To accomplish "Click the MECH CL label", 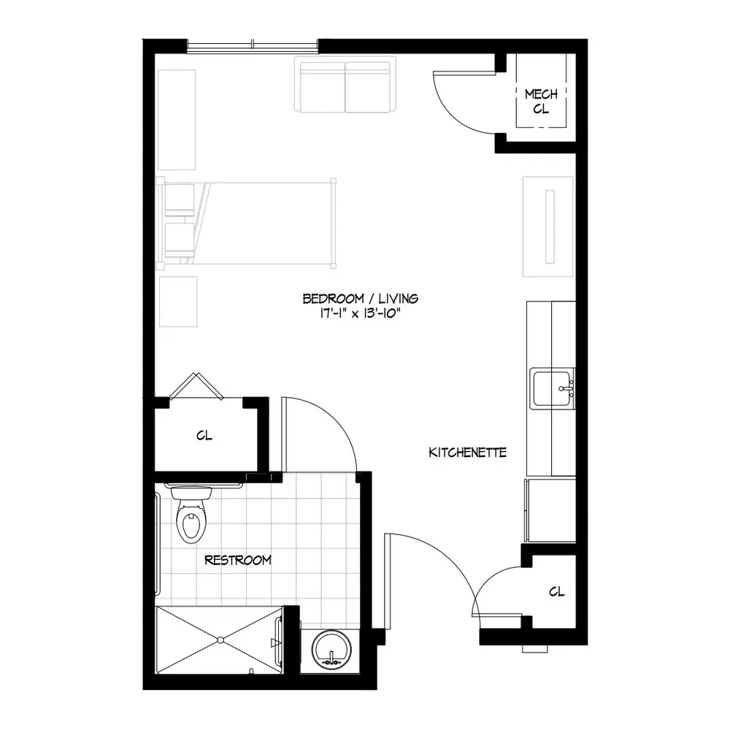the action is [541, 101].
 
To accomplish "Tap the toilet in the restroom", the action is [191, 515].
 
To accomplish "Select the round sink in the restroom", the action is [331, 648].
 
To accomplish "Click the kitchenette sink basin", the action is [552, 388].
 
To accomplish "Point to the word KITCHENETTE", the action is [467, 453].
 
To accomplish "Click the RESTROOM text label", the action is [238, 560].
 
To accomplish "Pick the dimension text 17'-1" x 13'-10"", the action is [360, 313].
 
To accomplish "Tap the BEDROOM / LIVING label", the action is [361, 299].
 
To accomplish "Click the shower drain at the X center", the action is [220, 640].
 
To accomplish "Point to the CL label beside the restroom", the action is [204, 436].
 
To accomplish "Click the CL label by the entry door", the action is [557, 592].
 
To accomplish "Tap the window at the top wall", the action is [253, 45].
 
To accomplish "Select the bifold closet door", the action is [196, 386].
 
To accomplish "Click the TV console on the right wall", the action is [548, 227].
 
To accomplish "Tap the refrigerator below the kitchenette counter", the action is [550, 510].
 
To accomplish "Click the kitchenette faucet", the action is [567, 388].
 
